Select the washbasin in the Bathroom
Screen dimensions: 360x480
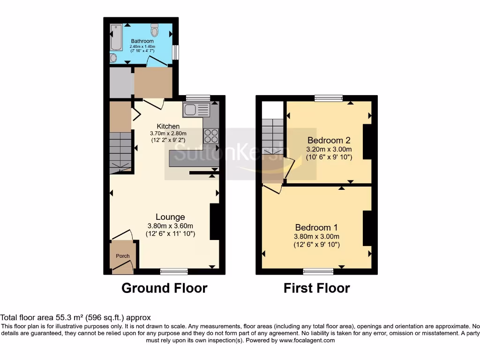[x=113, y=57]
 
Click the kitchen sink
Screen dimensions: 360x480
[x=196, y=110]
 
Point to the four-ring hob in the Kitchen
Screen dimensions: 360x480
[x=211, y=135]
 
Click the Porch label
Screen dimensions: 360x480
[x=123, y=256]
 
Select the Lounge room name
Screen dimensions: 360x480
[x=170, y=217]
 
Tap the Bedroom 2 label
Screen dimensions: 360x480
[x=329, y=140]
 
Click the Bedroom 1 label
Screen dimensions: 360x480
[x=316, y=227]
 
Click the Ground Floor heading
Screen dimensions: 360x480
[x=164, y=288]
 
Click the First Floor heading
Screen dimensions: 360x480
[x=316, y=288]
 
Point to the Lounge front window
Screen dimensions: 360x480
[x=174, y=271]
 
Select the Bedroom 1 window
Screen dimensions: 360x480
[x=318, y=271]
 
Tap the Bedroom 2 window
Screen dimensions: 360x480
[x=328, y=98]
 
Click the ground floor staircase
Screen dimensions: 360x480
[x=120, y=150]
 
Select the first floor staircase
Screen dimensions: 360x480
[x=272, y=136]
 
